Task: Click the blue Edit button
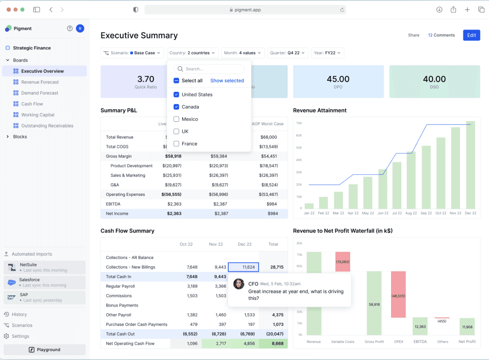472,35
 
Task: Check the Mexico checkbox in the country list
176,119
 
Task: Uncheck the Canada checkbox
176,107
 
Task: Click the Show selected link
227,80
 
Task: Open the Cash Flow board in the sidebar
32,104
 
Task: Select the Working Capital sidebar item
38,115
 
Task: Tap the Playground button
45,349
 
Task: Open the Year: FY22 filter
327,53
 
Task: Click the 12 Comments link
441,35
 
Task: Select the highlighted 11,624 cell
243,267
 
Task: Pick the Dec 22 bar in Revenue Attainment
470,165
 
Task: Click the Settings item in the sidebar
20,336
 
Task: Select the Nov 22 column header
216,244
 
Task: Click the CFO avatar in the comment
239,284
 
